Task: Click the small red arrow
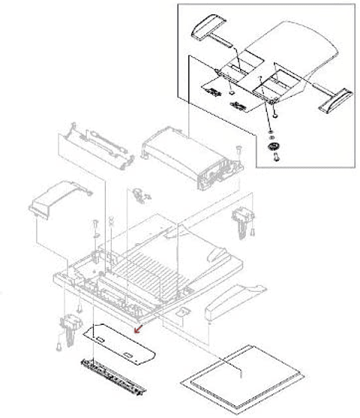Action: click(x=136, y=328)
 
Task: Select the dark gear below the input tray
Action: click(x=273, y=146)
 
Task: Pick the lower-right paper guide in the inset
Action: click(x=334, y=98)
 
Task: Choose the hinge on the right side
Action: click(x=242, y=218)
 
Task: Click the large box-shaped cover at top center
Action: click(x=187, y=154)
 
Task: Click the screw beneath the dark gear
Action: click(x=274, y=158)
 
